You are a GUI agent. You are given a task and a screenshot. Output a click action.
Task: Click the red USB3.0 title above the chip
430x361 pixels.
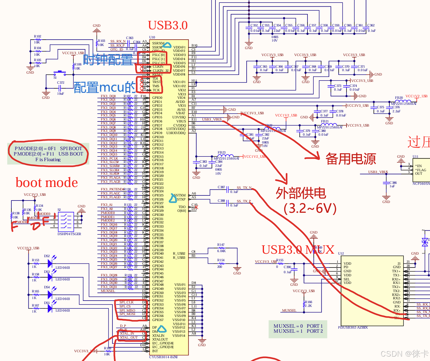(x=168, y=25)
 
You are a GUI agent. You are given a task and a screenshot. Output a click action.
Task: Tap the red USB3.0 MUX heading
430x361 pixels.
(x=298, y=250)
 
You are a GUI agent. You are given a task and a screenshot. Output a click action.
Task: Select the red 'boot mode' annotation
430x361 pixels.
(x=47, y=183)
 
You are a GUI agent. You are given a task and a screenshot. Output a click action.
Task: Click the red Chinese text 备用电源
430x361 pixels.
(x=350, y=159)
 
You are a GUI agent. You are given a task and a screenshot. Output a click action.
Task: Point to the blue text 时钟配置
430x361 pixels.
(x=108, y=60)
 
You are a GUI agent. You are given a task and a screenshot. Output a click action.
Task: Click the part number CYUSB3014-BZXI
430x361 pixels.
(x=163, y=357)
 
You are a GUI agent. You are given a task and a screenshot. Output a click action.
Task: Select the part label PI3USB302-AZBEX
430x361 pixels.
(x=353, y=327)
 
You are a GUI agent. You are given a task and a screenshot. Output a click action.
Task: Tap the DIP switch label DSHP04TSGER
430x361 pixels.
(x=69, y=234)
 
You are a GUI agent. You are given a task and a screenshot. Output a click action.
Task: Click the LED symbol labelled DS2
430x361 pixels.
(x=50, y=263)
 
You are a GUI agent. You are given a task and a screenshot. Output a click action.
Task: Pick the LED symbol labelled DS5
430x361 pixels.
(x=50, y=308)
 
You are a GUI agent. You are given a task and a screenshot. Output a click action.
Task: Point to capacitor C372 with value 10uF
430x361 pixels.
(x=60, y=87)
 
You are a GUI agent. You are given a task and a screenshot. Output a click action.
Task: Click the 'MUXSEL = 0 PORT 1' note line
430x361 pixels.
(x=298, y=326)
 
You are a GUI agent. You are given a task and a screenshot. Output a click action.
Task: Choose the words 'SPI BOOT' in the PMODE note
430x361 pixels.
(x=71, y=149)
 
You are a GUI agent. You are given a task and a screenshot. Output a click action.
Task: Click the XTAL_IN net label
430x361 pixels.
(x=127, y=333)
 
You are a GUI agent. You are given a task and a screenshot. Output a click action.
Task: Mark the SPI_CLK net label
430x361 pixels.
(x=126, y=302)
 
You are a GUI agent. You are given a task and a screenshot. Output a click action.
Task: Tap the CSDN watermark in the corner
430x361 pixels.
(x=404, y=354)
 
